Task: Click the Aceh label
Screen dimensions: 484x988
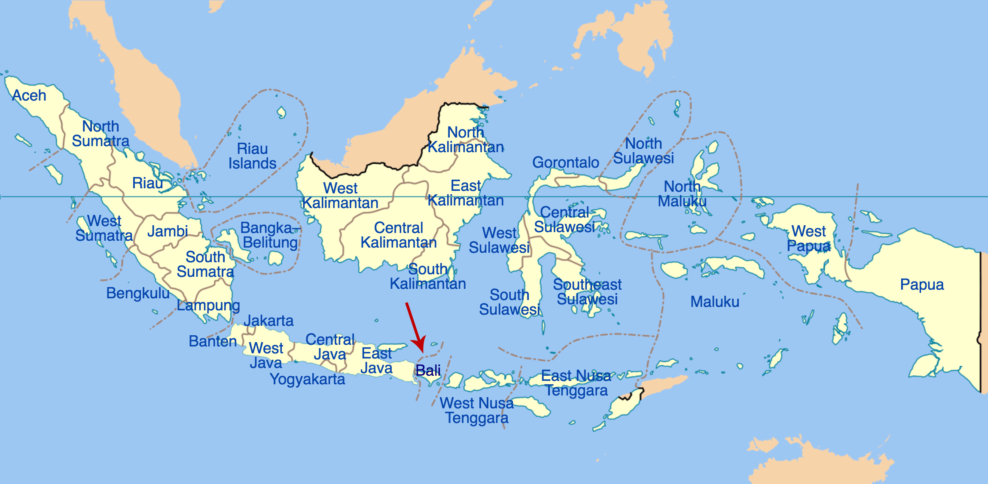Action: pyautogui.click(x=29, y=95)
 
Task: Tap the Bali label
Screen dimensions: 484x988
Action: pyautogui.click(x=428, y=371)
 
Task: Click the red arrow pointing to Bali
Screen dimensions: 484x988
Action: pyautogui.click(x=415, y=327)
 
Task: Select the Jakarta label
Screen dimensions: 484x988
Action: pyautogui.click(x=268, y=321)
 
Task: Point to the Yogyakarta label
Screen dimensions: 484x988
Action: pyautogui.click(x=307, y=379)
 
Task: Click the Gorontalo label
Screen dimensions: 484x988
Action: pyautogui.click(x=565, y=162)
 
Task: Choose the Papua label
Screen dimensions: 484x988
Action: pyautogui.click(x=922, y=285)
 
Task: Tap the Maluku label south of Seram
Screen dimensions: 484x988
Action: pyautogui.click(x=715, y=302)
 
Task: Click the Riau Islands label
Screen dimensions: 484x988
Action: pyautogui.click(x=252, y=156)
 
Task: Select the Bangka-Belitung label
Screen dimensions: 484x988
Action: pyautogui.click(x=270, y=235)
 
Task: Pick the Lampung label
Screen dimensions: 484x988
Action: pyautogui.click(x=208, y=305)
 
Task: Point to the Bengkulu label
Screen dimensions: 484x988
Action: pyautogui.click(x=138, y=293)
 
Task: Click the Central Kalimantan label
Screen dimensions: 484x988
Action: pyautogui.click(x=399, y=235)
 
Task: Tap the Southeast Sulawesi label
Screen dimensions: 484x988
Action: pyautogui.click(x=587, y=292)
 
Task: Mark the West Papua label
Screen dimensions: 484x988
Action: pyautogui.click(x=808, y=239)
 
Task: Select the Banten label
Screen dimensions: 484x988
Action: pyautogui.click(x=213, y=341)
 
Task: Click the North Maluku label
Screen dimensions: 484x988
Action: pyautogui.click(x=682, y=194)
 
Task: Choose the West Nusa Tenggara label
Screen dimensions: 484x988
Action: pyautogui.click(x=477, y=410)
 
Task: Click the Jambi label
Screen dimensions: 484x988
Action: pyautogui.click(x=168, y=232)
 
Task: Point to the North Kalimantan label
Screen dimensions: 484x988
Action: pyautogui.click(x=466, y=140)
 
